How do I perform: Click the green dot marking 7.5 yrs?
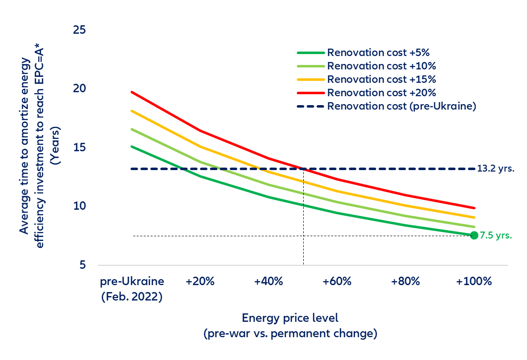(x=474, y=235)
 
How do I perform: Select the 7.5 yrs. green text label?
(x=496, y=236)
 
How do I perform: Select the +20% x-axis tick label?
(x=200, y=282)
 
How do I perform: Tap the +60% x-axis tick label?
(x=337, y=282)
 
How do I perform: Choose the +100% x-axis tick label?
(x=474, y=282)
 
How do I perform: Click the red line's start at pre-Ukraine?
(x=132, y=92)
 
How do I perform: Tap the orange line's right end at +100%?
(x=474, y=217)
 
